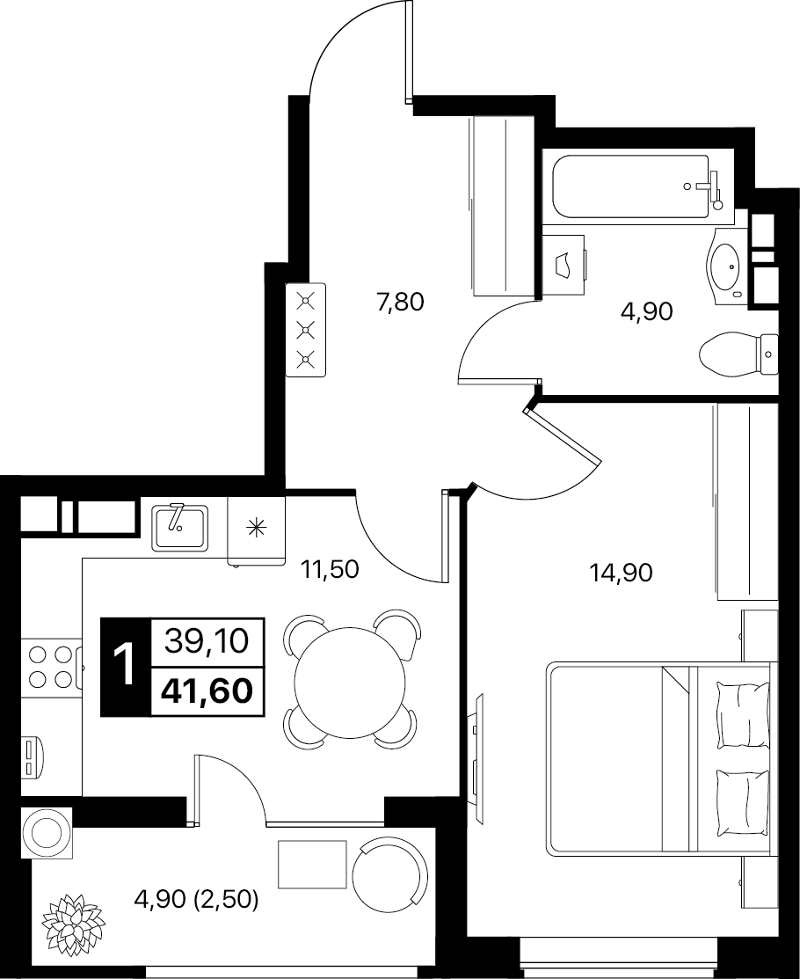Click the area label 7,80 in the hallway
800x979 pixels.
click(400, 303)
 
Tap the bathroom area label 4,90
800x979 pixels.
click(646, 311)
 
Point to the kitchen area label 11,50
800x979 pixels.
click(330, 569)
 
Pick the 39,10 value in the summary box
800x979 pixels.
click(207, 640)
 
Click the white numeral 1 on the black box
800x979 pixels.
click(126, 666)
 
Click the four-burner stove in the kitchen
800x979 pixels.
click(50, 667)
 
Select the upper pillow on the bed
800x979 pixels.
click(743, 714)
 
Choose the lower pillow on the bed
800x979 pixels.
click(743, 803)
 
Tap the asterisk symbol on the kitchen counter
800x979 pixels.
click(256, 529)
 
